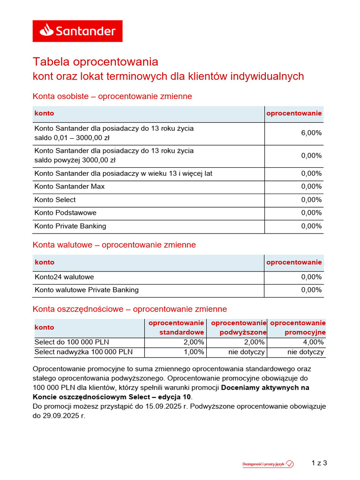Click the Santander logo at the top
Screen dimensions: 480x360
coord(77,31)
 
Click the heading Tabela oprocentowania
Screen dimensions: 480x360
coord(95,62)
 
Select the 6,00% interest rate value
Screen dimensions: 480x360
coord(311,133)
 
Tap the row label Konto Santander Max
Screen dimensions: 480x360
coord(69,187)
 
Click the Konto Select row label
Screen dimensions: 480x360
coord(55,200)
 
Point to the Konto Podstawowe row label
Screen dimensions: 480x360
coord(65,213)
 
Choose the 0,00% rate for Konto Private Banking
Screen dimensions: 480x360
coord(311,226)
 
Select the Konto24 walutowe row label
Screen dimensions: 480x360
coord(64,277)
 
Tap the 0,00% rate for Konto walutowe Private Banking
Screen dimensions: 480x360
coord(311,290)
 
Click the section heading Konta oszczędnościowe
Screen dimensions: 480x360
coord(129,309)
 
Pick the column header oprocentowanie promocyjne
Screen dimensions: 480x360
coord(298,328)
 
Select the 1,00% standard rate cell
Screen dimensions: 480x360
coord(194,352)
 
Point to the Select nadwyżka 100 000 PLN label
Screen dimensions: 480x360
coord(83,352)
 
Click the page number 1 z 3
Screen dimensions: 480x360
coord(319,463)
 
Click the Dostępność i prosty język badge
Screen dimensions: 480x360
coord(268,464)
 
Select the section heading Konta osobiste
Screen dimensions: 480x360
coord(112,97)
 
